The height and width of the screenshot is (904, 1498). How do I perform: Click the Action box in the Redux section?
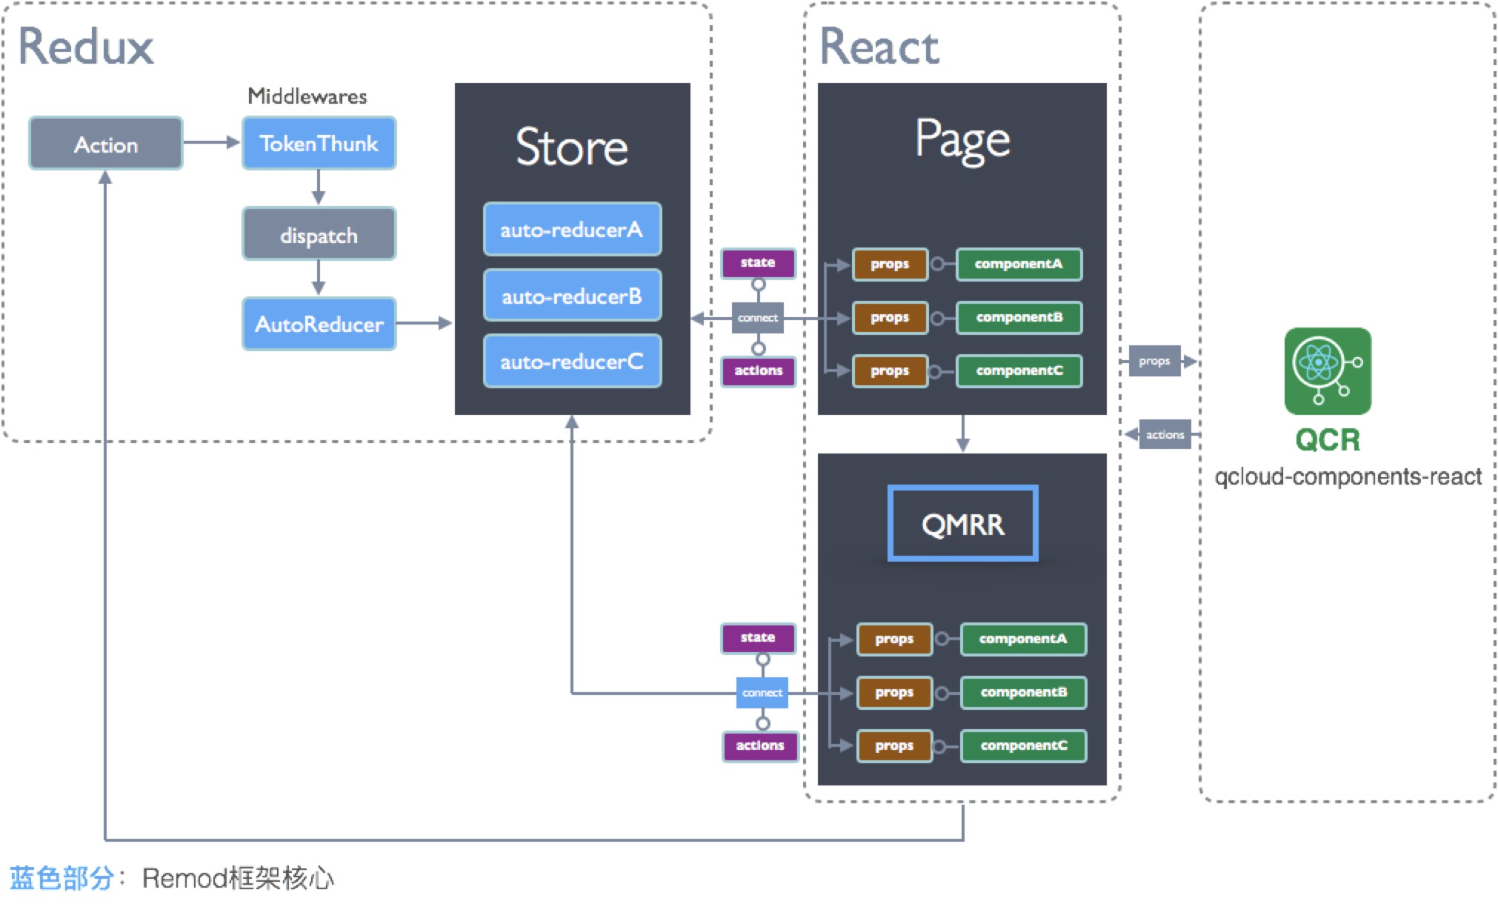click(105, 144)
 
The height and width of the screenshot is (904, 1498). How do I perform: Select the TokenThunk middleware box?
click(319, 143)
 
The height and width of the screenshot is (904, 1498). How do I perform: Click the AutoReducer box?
click(319, 324)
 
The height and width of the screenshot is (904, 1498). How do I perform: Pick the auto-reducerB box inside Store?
click(572, 296)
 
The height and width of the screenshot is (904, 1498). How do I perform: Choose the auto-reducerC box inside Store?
click(572, 361)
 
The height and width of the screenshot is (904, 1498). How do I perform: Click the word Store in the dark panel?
click(572, 147)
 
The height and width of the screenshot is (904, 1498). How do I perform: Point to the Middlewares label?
click(307, 96)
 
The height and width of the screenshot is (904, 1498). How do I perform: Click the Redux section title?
click(85, 47)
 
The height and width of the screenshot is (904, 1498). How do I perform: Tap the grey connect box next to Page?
click(757, 317)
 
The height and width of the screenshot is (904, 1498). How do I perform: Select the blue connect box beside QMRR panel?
click(762, 692)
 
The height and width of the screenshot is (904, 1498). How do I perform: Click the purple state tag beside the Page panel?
click(757, 263)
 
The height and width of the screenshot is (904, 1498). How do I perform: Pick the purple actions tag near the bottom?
click(759, 745)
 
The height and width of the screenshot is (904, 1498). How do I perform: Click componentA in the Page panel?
click(1019, 264)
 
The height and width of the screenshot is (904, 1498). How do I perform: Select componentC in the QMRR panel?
click(1023, 745)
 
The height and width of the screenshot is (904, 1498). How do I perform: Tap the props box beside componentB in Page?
click(889, 317)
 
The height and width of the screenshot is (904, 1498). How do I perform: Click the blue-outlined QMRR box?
click(962, 523)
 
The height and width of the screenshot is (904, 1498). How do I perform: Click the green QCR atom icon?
click(1327, 370)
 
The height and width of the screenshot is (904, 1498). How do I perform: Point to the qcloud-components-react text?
click(1347, 476)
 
